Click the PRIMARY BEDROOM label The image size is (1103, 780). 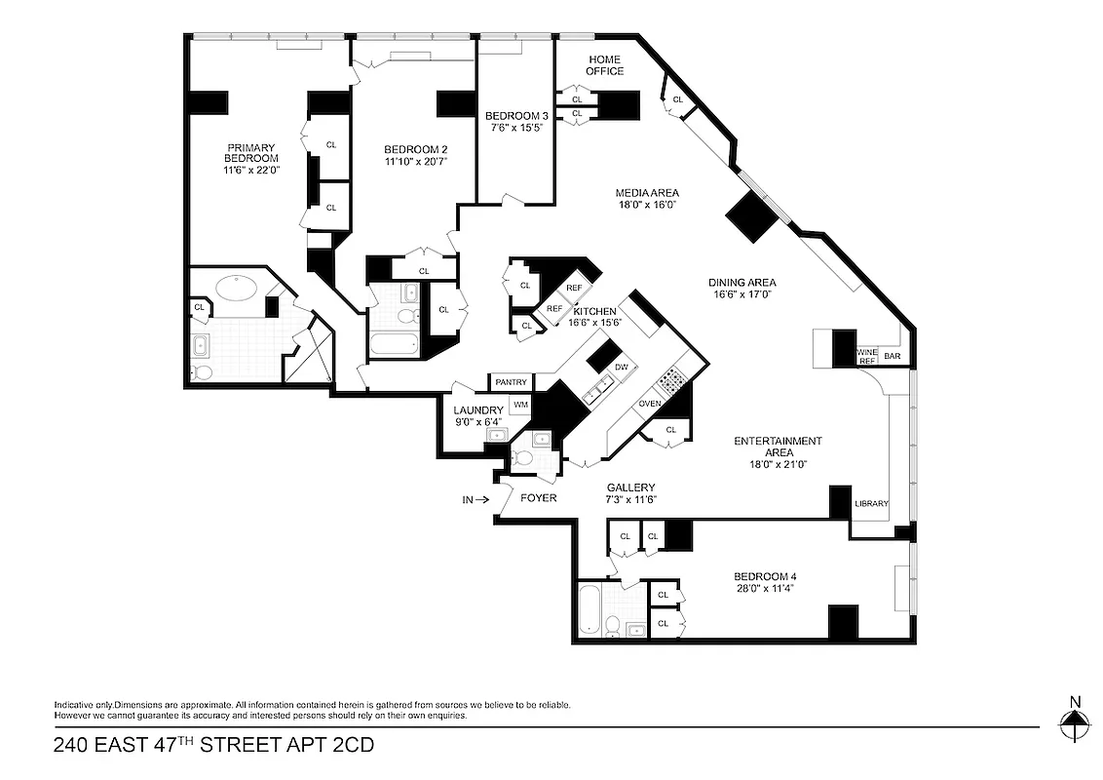pyautogui.click(x=251, y=153)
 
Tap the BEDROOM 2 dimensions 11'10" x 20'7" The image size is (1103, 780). pyautogui.click(x=415, y=162)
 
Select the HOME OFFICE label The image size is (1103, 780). pyautogui.click(x=604, y=65)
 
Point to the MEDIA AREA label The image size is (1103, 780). pyautogui.click(x=647, y=192)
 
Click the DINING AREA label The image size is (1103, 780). pyautogui.click(x=744, y=283)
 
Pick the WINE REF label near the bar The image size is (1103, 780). pyautogui.click(x=866, y=356)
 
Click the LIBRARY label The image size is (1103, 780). pyautogui.click(x=870, y=504)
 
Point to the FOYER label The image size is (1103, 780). pyautogui.click(x=539, y=498)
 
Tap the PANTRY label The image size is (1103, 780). pyautogui.click(x=512, y=382)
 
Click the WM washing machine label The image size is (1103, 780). pyautogui.click(x=520, y=404)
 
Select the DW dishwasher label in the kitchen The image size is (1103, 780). pyautogui.click(x=621, y=368)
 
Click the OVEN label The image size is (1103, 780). pyautogui.click(x=651, y=404)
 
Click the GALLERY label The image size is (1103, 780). pyautogui.click(x=630, y=487)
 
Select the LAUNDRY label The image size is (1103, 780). pyautogui.click(x=478, y=409)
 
